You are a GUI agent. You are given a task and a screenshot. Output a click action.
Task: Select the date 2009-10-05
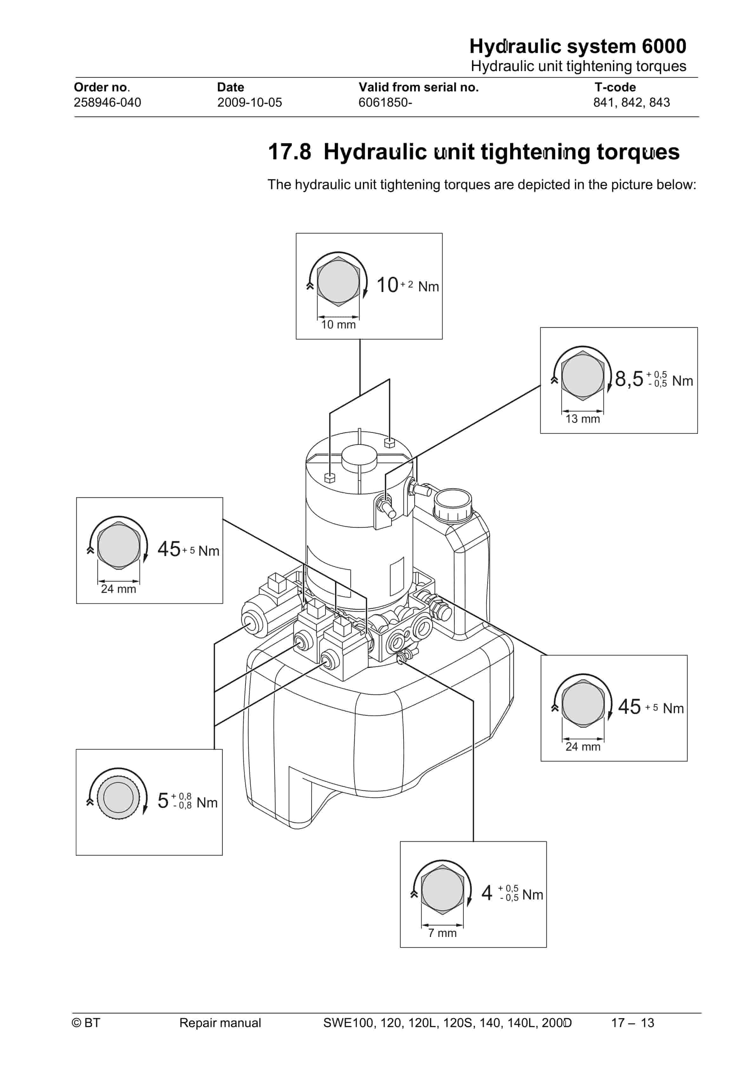click(249, 103)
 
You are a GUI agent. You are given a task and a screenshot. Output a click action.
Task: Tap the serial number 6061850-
click(385, 103)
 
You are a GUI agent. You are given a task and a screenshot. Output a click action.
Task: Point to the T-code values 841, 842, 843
click(631, 103)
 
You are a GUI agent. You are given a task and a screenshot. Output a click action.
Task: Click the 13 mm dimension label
click(582, 419)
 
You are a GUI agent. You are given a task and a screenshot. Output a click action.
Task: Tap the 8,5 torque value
click(628, 379)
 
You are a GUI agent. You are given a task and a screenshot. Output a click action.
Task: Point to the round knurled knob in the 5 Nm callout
click(118, 797)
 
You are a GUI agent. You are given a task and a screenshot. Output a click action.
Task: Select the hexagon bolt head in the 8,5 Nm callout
click(582, 375)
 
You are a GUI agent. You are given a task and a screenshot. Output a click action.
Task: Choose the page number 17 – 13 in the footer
click(632, 1022)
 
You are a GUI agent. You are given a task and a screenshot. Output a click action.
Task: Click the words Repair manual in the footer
click(220, 1022)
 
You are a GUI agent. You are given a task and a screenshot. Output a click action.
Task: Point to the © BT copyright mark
click(86, 1022)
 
